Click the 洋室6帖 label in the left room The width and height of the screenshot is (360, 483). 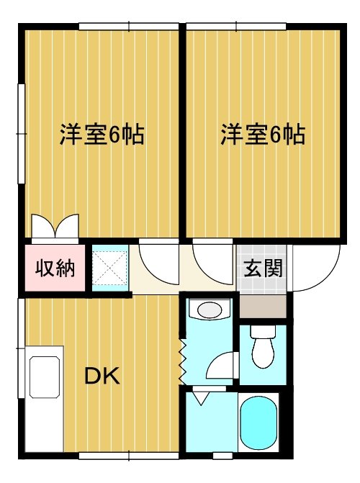point(102,134)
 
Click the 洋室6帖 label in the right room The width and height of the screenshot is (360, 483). point(262,134)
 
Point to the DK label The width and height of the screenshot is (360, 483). point(102,376)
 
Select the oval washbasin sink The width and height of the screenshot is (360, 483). point(209,311)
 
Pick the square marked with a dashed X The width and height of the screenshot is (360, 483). point(110,267)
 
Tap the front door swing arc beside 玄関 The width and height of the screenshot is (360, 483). point(315,266)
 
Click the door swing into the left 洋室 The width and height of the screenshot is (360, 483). point(157,261)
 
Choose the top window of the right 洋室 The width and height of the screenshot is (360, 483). point(238,27)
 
